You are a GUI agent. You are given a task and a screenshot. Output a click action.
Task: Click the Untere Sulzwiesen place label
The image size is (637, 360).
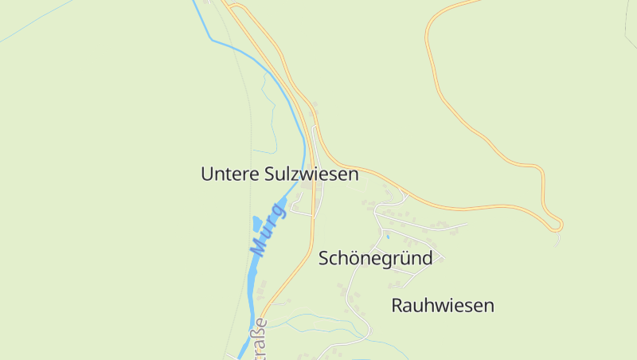click(279, 174)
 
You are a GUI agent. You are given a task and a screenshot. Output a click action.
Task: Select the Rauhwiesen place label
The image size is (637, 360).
click(443, 305)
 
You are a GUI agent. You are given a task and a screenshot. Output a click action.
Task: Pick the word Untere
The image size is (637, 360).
click(229, 174)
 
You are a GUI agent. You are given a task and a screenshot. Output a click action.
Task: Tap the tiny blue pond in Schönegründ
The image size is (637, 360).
click(388, 237)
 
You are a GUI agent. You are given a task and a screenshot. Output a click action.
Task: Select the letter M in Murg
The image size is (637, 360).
click(256, 248)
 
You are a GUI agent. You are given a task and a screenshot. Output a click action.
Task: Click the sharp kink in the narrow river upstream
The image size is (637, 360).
click(211, 38)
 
